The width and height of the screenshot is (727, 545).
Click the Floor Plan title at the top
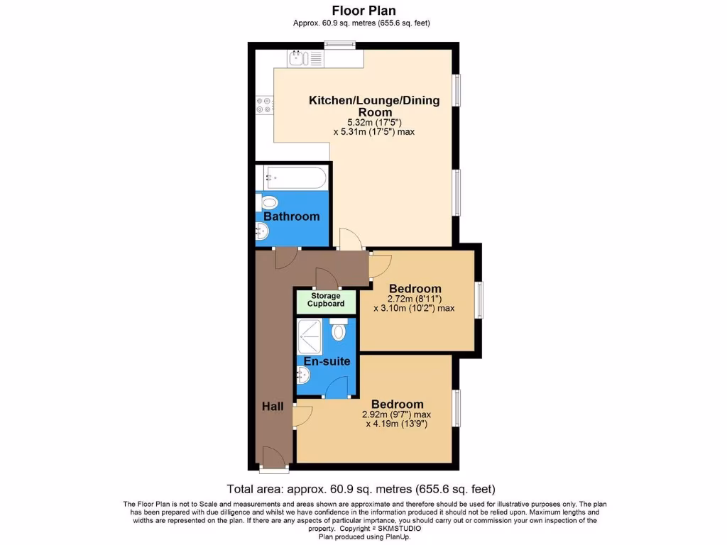click(x=363, y=10)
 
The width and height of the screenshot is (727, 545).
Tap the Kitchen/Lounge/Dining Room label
click(x=374, y=106)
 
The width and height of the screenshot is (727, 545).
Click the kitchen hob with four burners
click(x=263, y=105)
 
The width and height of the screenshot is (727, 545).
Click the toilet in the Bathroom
click(x=268, y=203)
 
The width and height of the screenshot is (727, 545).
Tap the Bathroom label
click(x=291, y=216)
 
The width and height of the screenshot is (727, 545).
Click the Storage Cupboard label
click(x=326, y=300)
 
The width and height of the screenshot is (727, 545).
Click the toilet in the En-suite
click(x=339, y=331)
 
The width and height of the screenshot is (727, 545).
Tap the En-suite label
click(x=327, y=361)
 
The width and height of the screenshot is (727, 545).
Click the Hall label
click(x=273, y=407)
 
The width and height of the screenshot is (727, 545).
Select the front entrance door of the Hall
click(x=273, y=458)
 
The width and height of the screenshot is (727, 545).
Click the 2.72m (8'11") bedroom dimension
click(x=415, y=299)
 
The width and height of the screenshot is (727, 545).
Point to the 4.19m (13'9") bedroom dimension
click(x=398, y=424)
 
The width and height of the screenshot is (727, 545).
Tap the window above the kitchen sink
click(x=340, y=45)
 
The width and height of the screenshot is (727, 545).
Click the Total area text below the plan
click(x=361, y=489)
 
